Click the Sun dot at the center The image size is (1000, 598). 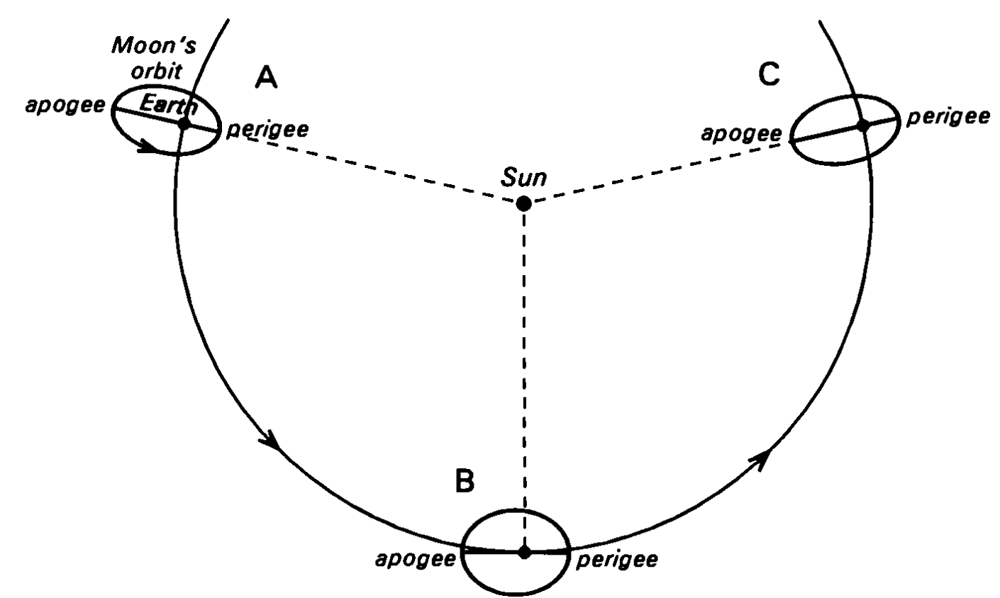[x=523, y=204]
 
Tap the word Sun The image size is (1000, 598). [x=523, y=177]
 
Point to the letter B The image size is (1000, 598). [x=465, y=480]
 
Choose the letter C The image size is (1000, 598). [x=769, y=74]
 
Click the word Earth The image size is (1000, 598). [x=168, y=106]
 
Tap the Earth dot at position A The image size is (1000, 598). [x=184, y=123]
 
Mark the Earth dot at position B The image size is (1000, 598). [x=524, y=552]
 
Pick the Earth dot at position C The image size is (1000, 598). [x=863, y=125]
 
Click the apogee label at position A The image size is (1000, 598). [x=65, y=106]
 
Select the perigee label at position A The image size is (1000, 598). [x=268, y=130]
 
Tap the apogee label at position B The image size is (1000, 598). [x=416, y=560]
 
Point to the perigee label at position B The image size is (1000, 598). [x=617, y=560]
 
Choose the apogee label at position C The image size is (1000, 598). [x=742, y=134]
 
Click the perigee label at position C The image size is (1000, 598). [x=948, y=118]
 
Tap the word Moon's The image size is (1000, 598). [x=154, y=45]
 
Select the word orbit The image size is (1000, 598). [x=156, y=71]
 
